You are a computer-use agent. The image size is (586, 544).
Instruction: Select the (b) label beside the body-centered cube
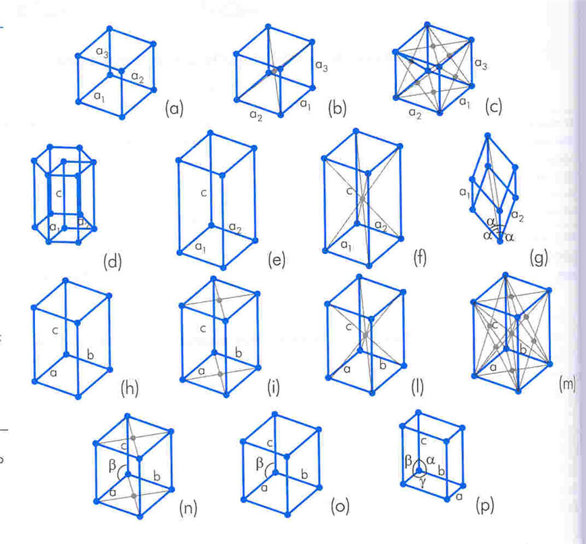point(337,107)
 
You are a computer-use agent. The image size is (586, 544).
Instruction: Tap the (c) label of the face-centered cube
point(494,107)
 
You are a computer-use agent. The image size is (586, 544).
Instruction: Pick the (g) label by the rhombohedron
point(540,257)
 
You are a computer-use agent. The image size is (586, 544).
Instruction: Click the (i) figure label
point(273,388)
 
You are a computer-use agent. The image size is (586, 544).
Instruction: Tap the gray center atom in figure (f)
point(363,199)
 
